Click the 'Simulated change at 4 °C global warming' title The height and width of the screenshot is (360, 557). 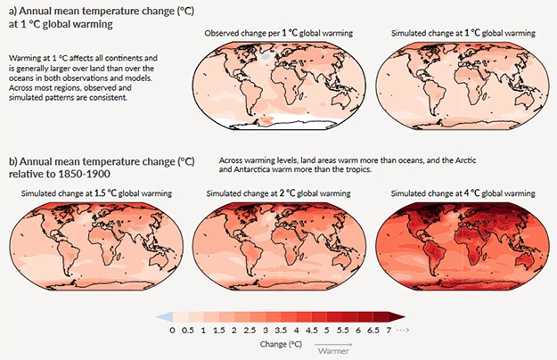459,193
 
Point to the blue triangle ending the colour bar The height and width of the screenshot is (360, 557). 163,316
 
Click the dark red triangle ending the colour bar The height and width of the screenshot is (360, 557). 400,316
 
